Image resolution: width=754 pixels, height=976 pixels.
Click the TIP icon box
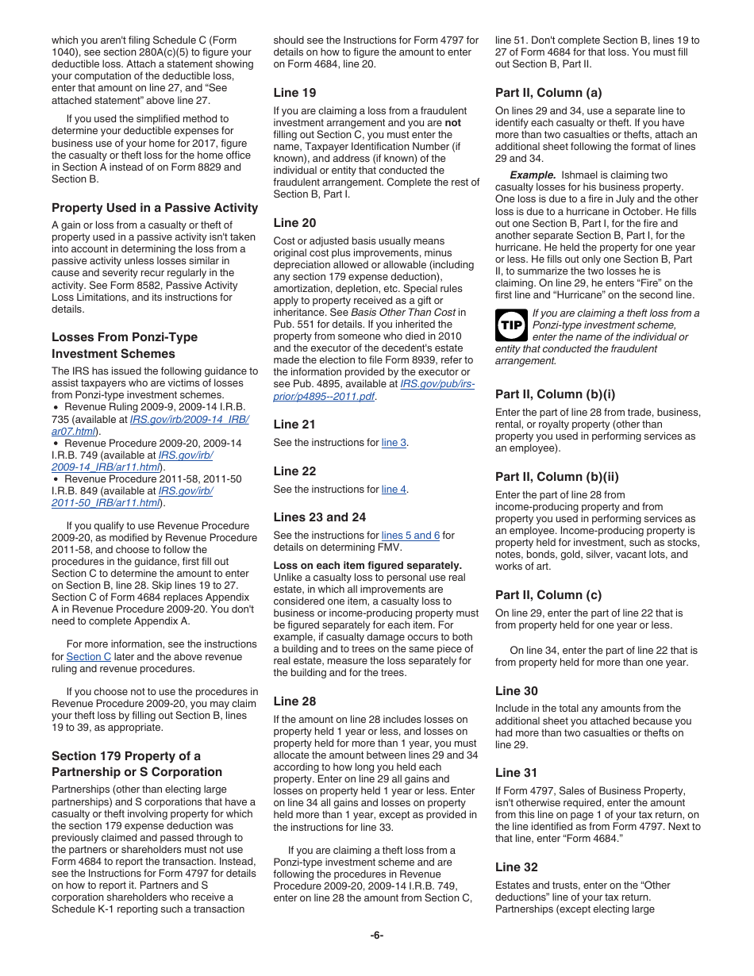512,325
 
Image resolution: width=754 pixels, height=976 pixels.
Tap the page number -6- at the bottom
377,935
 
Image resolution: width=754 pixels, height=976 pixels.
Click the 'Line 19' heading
294,93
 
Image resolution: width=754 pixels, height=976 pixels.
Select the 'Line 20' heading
294,223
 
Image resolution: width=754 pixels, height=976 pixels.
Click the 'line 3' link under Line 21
394,443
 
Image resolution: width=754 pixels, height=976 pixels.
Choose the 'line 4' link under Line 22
394,490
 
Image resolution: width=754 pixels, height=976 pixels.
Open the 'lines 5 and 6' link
410,536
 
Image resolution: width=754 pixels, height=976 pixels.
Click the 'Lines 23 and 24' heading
320,517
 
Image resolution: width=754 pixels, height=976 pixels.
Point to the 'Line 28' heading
294,701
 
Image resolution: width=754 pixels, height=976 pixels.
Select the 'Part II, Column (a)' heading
548,93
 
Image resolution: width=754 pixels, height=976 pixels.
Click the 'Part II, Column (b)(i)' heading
555,394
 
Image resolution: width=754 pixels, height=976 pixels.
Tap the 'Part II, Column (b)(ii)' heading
556,477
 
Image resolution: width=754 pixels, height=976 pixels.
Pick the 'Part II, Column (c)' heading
548,595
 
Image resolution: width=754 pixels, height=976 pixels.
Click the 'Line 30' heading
516,691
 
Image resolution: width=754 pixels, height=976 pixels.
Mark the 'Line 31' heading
516,773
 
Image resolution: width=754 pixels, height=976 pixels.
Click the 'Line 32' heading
516,867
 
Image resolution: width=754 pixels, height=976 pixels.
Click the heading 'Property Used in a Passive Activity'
155,208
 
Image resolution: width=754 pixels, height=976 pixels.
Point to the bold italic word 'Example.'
533,175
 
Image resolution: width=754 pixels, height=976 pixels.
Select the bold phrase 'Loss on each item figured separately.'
367,566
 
